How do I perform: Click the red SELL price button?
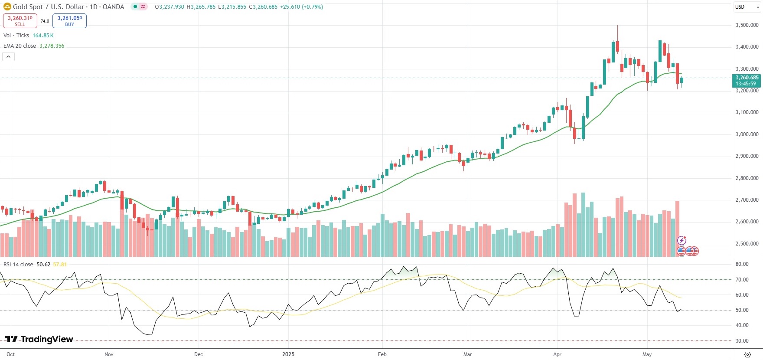(20, 20)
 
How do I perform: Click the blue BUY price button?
(69, 20)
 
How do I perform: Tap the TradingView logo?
(39, 339)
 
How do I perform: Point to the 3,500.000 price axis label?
(747, 25)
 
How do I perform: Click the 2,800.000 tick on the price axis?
(747, 178)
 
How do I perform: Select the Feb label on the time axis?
(382, 354)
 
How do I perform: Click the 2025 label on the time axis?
(288, 354)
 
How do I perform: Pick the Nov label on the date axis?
(109, 354)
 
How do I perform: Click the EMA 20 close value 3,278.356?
(52, 46)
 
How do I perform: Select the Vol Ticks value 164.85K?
(43, 36)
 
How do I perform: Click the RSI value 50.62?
(43, 265)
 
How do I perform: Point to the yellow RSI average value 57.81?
(60, 265)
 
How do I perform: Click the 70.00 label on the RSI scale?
(742, 280)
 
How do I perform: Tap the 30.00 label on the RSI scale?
(742, 341)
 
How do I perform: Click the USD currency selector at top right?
(740, 7)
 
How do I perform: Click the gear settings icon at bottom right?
(747, 354)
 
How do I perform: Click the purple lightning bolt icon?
(681, 240)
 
